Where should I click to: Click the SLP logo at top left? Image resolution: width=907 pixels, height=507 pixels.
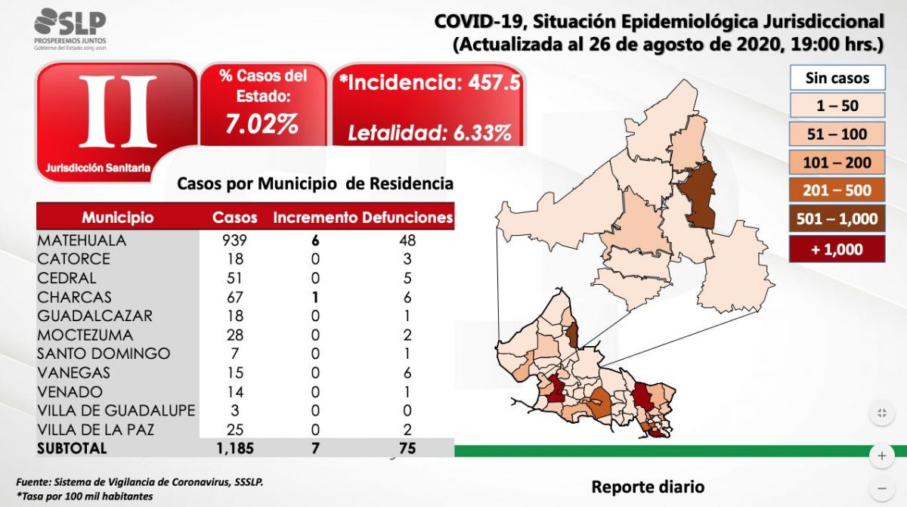point(70,29)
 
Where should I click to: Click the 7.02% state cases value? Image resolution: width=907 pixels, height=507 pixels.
point(262,123)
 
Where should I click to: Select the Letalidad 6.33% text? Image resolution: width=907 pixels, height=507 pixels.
point(429,134)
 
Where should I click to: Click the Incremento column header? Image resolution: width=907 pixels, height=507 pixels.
point(314,218)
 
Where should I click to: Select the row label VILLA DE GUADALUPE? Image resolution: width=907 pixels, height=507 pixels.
point(116,410)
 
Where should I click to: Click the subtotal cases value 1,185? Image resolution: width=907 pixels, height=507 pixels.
point(233,448)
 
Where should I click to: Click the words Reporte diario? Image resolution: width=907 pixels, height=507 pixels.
point(647,487)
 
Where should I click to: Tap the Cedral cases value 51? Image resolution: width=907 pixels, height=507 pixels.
point(234,278)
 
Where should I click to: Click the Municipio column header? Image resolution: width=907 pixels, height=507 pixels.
point(117,218)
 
